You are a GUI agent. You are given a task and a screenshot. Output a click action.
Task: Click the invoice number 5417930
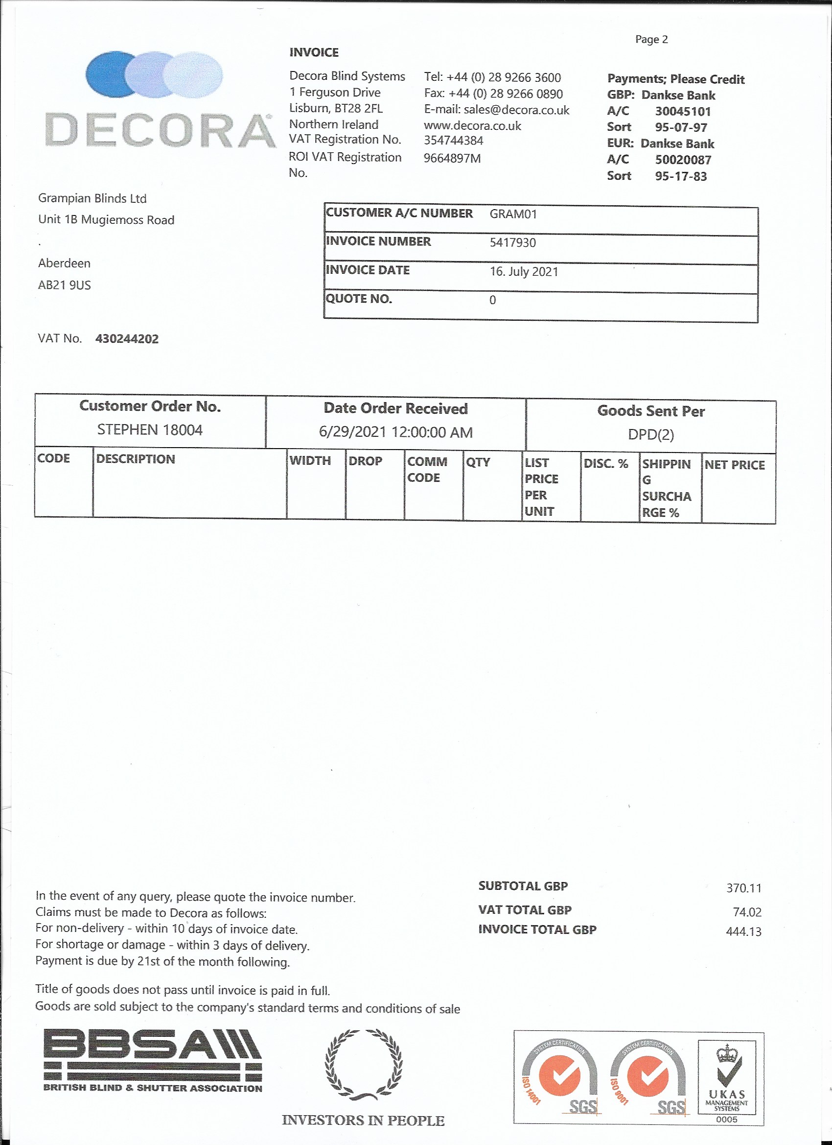512,242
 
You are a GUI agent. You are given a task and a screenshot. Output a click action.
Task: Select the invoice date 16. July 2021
524,272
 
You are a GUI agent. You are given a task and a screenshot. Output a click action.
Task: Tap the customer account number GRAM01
513,214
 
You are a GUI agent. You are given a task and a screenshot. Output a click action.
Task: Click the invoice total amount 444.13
743,931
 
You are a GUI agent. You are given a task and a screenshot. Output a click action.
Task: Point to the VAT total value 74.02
747,912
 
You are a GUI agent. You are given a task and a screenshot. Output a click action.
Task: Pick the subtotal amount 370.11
744,888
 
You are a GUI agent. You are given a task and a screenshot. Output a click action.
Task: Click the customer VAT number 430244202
127,339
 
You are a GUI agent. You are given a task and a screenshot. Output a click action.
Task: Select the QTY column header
478,462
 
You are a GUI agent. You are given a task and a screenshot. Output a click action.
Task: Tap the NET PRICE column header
735,464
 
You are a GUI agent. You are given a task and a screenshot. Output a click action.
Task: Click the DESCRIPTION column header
135,459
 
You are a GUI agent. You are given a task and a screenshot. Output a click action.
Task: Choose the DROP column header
365,461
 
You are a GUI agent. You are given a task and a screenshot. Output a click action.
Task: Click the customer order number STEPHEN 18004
150,429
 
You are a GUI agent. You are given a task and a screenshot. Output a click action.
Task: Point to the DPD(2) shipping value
651,435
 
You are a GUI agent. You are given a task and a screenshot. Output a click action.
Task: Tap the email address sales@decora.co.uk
517,110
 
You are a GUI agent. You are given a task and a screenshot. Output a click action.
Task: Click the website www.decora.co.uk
472,126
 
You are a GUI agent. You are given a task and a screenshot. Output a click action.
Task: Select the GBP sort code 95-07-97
681,127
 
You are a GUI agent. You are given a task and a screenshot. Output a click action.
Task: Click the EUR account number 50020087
683,160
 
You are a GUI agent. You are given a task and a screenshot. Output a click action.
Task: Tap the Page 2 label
651,39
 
